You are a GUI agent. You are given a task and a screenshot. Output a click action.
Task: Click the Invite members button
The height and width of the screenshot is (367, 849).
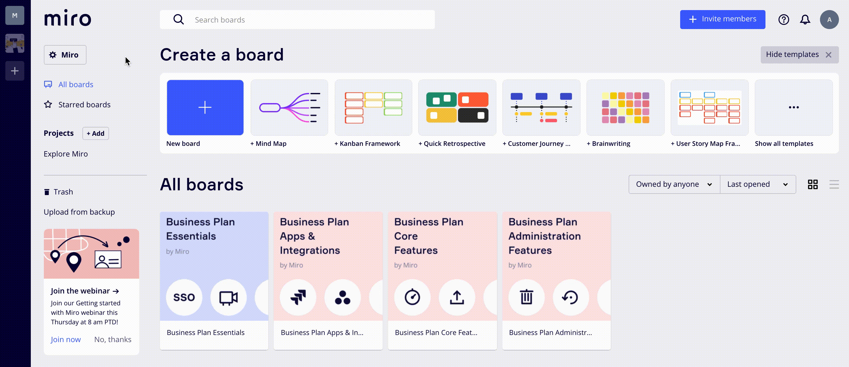(723, 20)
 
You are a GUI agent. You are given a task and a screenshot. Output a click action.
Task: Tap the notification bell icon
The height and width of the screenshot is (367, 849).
(805, 20)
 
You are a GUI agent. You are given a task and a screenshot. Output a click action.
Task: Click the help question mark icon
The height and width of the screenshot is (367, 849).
(784, 20)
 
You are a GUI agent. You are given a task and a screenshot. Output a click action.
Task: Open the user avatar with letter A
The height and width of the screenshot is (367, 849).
(829, 20)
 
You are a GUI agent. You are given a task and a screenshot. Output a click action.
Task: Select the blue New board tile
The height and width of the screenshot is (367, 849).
(205, 108)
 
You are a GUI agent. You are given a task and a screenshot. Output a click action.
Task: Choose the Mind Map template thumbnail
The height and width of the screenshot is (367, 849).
(289, 108)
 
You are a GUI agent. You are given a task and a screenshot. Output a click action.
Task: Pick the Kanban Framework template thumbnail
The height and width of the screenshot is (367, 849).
(373, 108)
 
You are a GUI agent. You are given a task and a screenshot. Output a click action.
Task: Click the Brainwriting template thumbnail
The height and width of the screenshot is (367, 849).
(625, 108)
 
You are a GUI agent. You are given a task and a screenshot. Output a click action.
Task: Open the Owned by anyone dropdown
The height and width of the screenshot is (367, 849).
(674, 184)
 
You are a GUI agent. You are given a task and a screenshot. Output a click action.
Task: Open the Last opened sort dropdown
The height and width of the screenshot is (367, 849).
(758, 184)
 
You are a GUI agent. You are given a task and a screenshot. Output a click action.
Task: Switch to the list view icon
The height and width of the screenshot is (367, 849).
(834, 184)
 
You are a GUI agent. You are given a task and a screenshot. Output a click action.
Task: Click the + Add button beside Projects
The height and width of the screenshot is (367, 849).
(96, 133)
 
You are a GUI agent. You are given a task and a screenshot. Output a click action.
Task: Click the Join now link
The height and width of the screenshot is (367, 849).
(65, 339)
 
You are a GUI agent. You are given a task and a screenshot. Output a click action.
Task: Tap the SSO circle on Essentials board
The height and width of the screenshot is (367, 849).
(184, 297)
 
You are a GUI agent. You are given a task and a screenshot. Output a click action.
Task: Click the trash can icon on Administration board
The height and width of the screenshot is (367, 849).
(526, 297)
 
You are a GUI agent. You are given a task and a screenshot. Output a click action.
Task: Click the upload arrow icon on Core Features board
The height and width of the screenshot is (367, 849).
(457, 297)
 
